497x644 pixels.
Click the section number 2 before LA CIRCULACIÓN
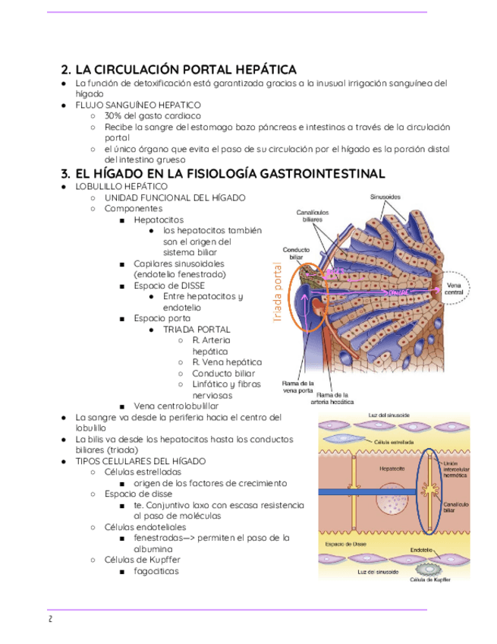(x=64, y=70)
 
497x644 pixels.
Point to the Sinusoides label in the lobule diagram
(x=385, y=197)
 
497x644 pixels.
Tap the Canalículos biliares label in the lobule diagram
(x=313, y=218)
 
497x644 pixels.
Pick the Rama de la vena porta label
(x=298, y=387)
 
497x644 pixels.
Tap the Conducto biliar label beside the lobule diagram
(x=295, y=254)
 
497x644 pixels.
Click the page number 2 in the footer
(x=49, y=619)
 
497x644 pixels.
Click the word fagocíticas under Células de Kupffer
(x=156, y=571)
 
